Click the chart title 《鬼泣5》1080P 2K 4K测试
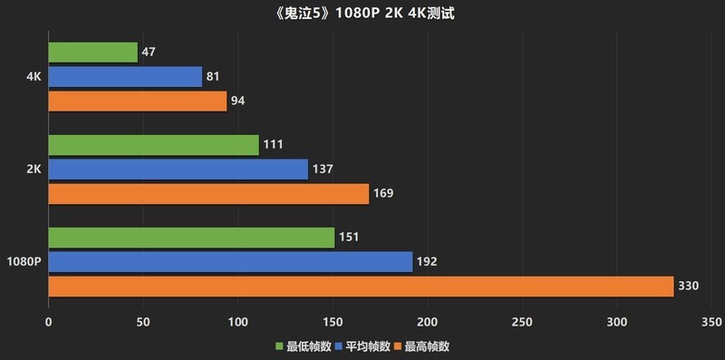pos(362,15)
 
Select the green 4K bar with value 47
pos(92,53)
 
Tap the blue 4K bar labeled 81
pos(125,77)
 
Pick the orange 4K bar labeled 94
pos(137,102)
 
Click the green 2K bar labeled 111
pos(153,145)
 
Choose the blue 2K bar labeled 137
pos(178,170)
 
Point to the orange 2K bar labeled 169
pos(208,194)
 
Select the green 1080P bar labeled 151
pos(191,238)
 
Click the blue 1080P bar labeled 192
pos(230,262)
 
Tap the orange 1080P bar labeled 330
pos(361,287)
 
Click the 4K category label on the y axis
pos(34,77)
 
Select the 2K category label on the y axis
pos(34,170)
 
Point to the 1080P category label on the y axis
pos(24,262)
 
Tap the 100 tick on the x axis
pos(237,322)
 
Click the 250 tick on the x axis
pos(522,322)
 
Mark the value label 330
pos(689,287)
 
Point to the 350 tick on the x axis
pos(711,322)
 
